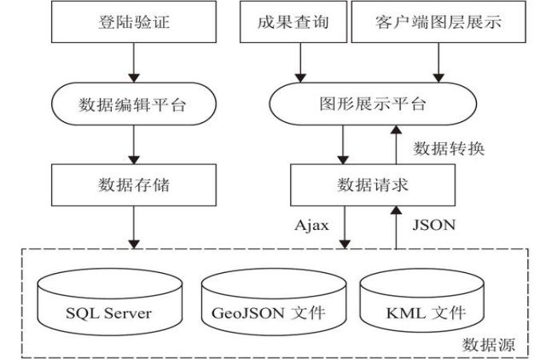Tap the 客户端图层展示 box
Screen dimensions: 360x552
point(439,22)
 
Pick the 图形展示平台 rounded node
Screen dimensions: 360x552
point(372,105)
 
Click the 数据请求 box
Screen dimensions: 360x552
point(372,184)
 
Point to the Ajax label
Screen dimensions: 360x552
point(312,225)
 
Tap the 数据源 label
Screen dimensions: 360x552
point(489,345)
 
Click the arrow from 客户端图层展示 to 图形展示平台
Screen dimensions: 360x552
point(439,62)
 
